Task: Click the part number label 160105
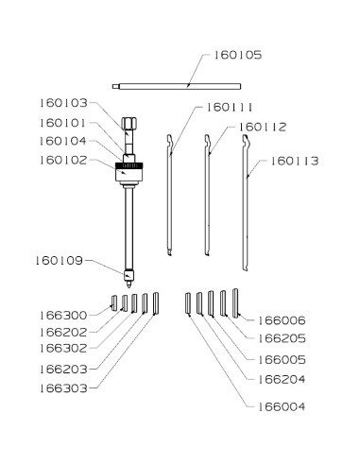click(238, 55)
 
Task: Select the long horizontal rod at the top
click(177, 86)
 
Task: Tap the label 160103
click(63, 103)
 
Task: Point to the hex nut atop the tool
click(129, 123)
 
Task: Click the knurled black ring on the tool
click(129, 165)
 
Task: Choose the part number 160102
click(63, 161)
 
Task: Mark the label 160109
click(60, 261)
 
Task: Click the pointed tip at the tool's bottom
click(129, 284)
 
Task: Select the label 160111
click(230, 108)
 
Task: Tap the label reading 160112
click(263, 128)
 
